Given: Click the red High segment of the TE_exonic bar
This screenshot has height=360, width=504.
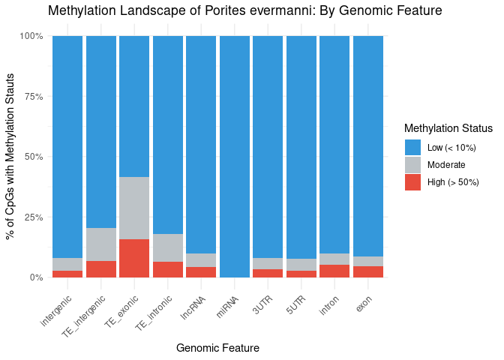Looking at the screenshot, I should [134, 258].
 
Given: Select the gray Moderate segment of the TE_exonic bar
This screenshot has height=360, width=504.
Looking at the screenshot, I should [134, 208].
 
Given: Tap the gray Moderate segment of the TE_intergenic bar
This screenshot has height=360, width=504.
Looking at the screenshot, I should [101, 244].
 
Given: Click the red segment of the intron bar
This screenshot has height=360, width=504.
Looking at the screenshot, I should [334, 271].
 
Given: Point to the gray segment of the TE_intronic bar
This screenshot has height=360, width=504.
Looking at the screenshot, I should [168, 247].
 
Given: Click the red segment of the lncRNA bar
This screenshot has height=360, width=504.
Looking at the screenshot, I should [201, 271].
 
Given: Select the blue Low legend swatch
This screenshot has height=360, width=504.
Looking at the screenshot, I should [412, 148].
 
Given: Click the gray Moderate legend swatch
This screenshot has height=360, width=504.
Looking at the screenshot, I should [412, 165].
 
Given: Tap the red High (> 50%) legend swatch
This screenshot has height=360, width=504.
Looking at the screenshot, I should [412, 182].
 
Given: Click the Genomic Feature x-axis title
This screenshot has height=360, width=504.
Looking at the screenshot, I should [217, 348].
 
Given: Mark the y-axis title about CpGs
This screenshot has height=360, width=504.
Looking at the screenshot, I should [10, 157].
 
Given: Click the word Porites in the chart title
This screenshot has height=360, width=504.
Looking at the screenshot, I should [217, 10].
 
